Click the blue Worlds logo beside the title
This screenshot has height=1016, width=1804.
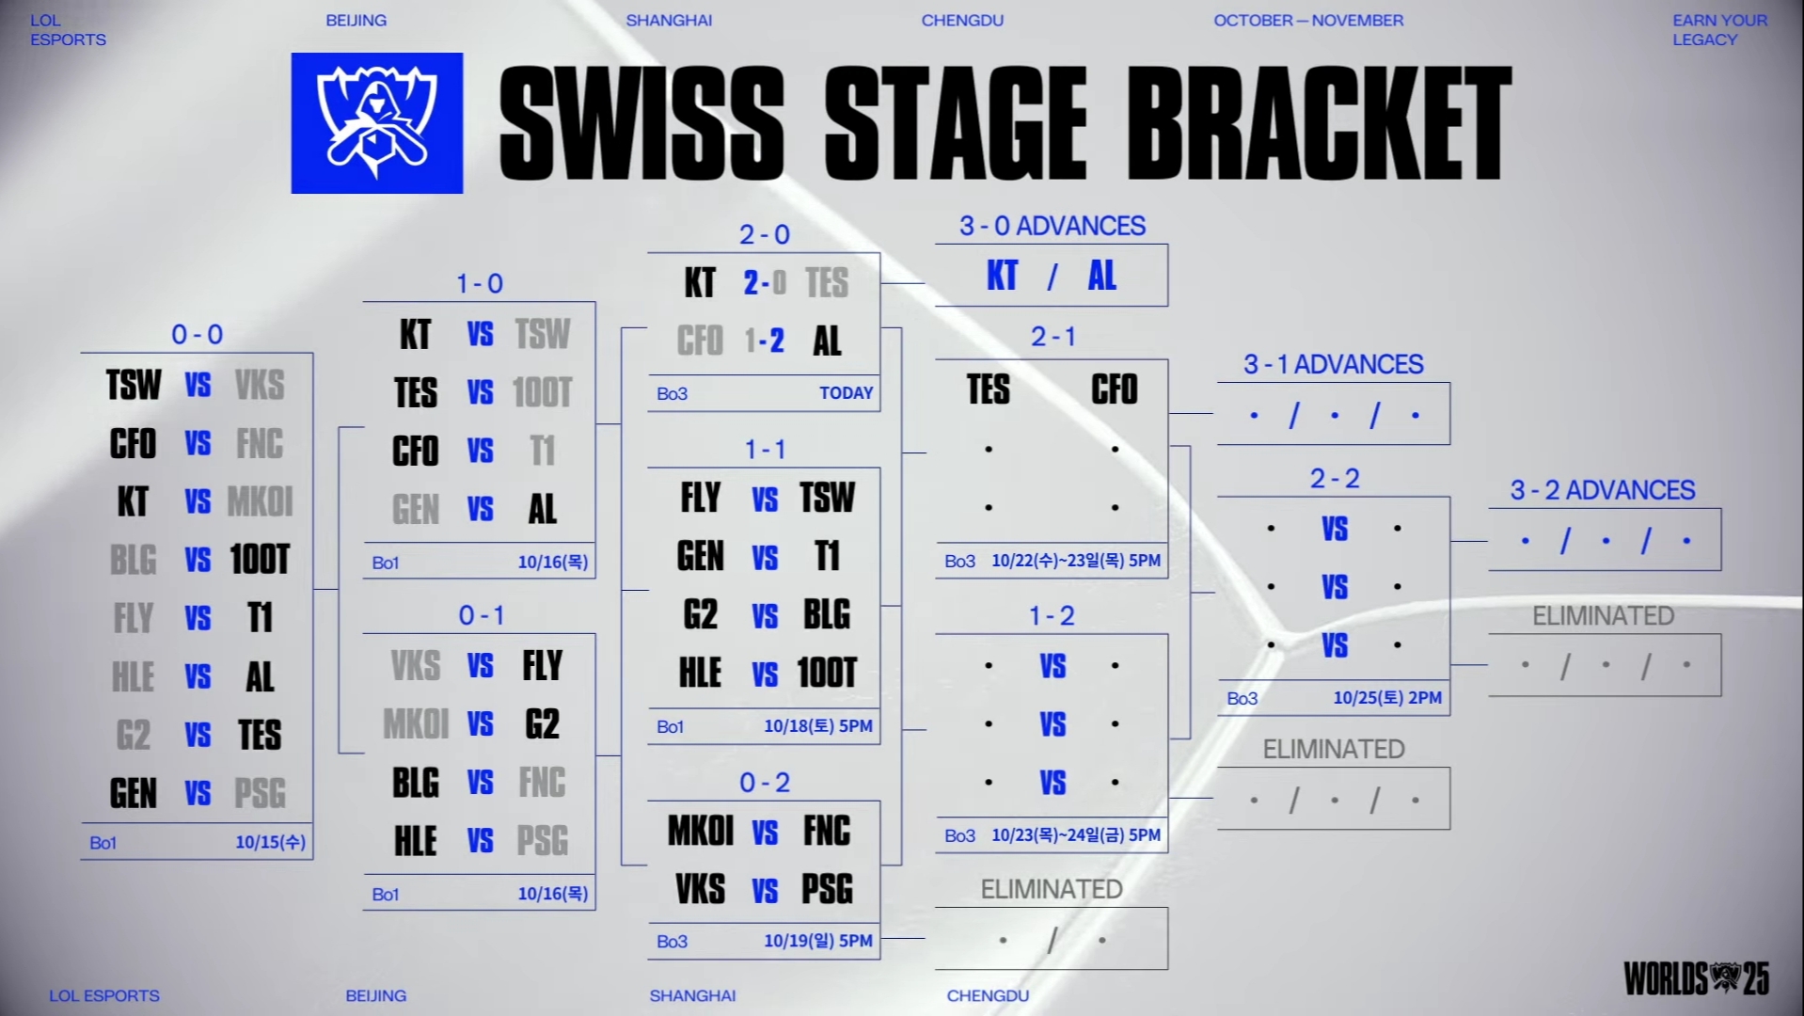(376, 123)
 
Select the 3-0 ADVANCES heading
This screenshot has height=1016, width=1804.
(1052, 226)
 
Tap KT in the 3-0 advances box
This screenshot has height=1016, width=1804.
(1002, 276)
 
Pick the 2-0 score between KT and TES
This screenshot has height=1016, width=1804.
(764, 282)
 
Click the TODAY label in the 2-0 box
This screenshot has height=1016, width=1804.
(846, 393)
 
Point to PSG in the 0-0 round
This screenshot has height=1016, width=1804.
(260, 793)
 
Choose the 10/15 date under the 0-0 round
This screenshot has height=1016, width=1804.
(270, 842)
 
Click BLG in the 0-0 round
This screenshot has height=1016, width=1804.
(133, 560)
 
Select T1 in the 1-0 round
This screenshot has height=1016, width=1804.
(542, 451)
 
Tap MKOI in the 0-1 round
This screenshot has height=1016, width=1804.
(417, 724)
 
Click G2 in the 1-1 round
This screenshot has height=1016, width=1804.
(700, 614)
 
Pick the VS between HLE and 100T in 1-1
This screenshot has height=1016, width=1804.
(765, 674)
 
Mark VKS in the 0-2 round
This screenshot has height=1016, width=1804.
(700, 889)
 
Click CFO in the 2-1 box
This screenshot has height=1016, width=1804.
(1114, 389)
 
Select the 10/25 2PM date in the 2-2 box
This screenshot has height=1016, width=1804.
(1386, 698)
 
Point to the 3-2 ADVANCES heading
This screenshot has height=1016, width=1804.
(1603, 490)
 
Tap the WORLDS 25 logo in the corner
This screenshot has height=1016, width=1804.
(1696, 978)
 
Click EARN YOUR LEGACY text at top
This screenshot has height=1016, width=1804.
(1719, 30)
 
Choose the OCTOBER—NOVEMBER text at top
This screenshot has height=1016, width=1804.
(1308, 21)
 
